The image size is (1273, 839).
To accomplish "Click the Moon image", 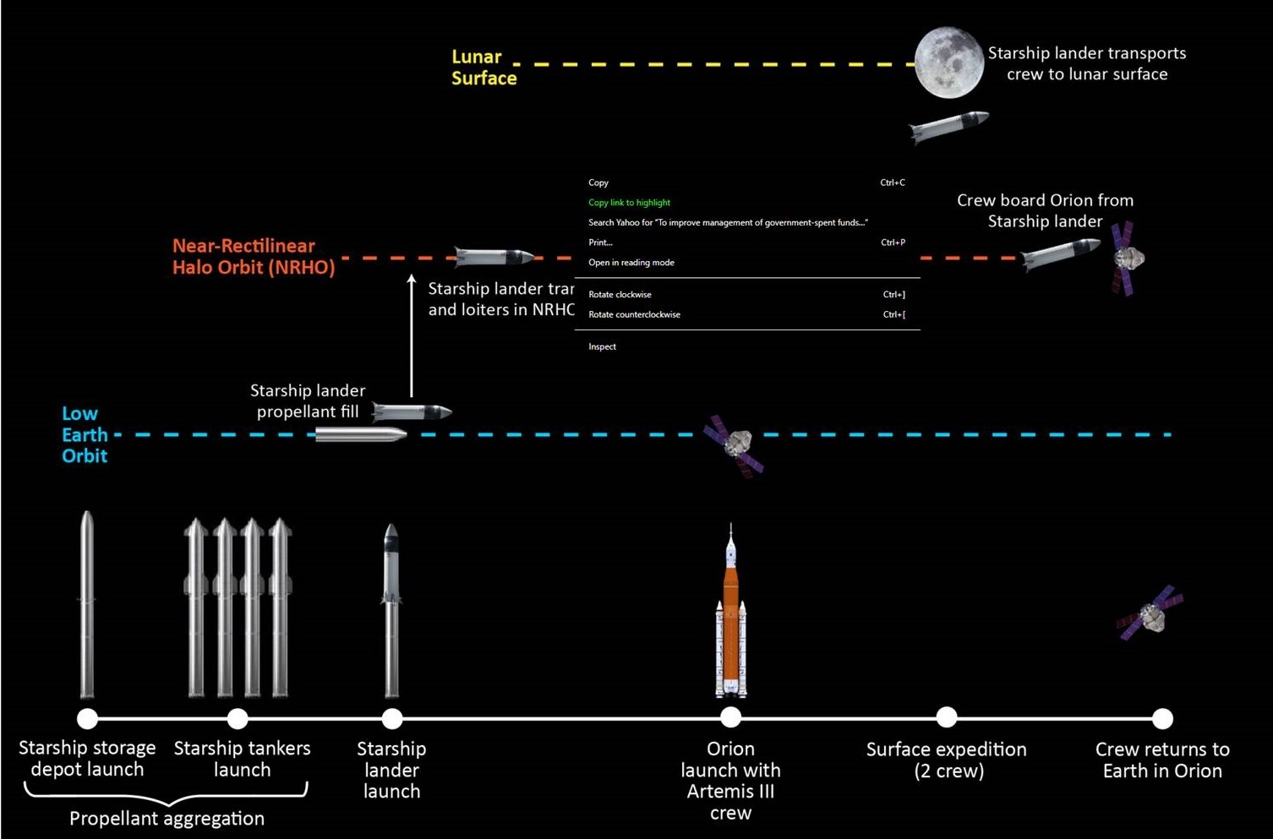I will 948,63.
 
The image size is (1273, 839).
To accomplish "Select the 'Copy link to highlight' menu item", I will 629,203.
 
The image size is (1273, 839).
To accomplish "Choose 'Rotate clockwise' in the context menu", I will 620,295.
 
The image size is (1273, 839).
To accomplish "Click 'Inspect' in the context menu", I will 602,346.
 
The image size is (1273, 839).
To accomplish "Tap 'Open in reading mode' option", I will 631,263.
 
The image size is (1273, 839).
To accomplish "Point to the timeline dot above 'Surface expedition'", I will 947,717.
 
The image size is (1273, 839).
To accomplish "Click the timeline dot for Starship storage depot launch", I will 87,718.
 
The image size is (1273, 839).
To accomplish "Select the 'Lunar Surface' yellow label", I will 484,68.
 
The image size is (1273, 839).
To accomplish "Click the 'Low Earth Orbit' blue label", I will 85,434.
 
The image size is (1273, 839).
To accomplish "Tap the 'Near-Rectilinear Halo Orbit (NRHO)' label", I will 254,257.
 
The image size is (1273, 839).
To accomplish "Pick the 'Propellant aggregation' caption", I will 167,818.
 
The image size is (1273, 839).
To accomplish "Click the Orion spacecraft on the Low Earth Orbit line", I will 735,444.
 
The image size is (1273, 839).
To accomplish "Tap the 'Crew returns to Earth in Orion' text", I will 1162,760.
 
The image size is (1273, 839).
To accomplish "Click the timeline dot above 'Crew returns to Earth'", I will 1162,718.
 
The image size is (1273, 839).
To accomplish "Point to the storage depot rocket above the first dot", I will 87,604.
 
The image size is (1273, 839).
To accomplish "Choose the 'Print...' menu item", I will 600,242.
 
